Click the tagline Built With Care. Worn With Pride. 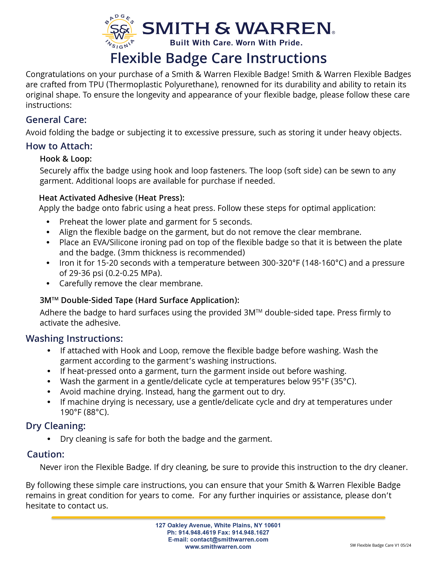click(x=236, y=43)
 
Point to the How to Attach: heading click(x=59, y=146)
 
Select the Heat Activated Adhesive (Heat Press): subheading click(x=112, y=198)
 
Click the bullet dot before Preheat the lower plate click(x=48, y=222)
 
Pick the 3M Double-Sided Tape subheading click(x=139, y=300)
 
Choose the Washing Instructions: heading click(x=74, y=338)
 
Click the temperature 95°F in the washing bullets click(x=320, y=381)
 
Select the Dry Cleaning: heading click(x=56, y=426)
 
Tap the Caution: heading click(x=46, y=454)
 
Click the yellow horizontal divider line click(x=218, y=518)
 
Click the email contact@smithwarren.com click(x=229, y=539)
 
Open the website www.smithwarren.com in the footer click(x=218, y=547)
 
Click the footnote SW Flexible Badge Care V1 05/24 click(x=380, y=545)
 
